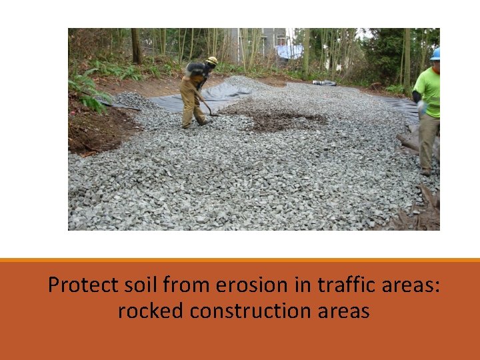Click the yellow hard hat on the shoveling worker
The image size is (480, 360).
pos(212,61)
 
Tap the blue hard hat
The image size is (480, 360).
pos(435,54)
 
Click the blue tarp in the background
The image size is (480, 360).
pos(289,51)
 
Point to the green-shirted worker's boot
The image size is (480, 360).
pos(425,171)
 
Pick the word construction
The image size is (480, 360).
pos(251,311)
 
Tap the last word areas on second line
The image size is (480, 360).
pos(345,311)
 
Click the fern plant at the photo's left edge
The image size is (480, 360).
pos(85,91)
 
